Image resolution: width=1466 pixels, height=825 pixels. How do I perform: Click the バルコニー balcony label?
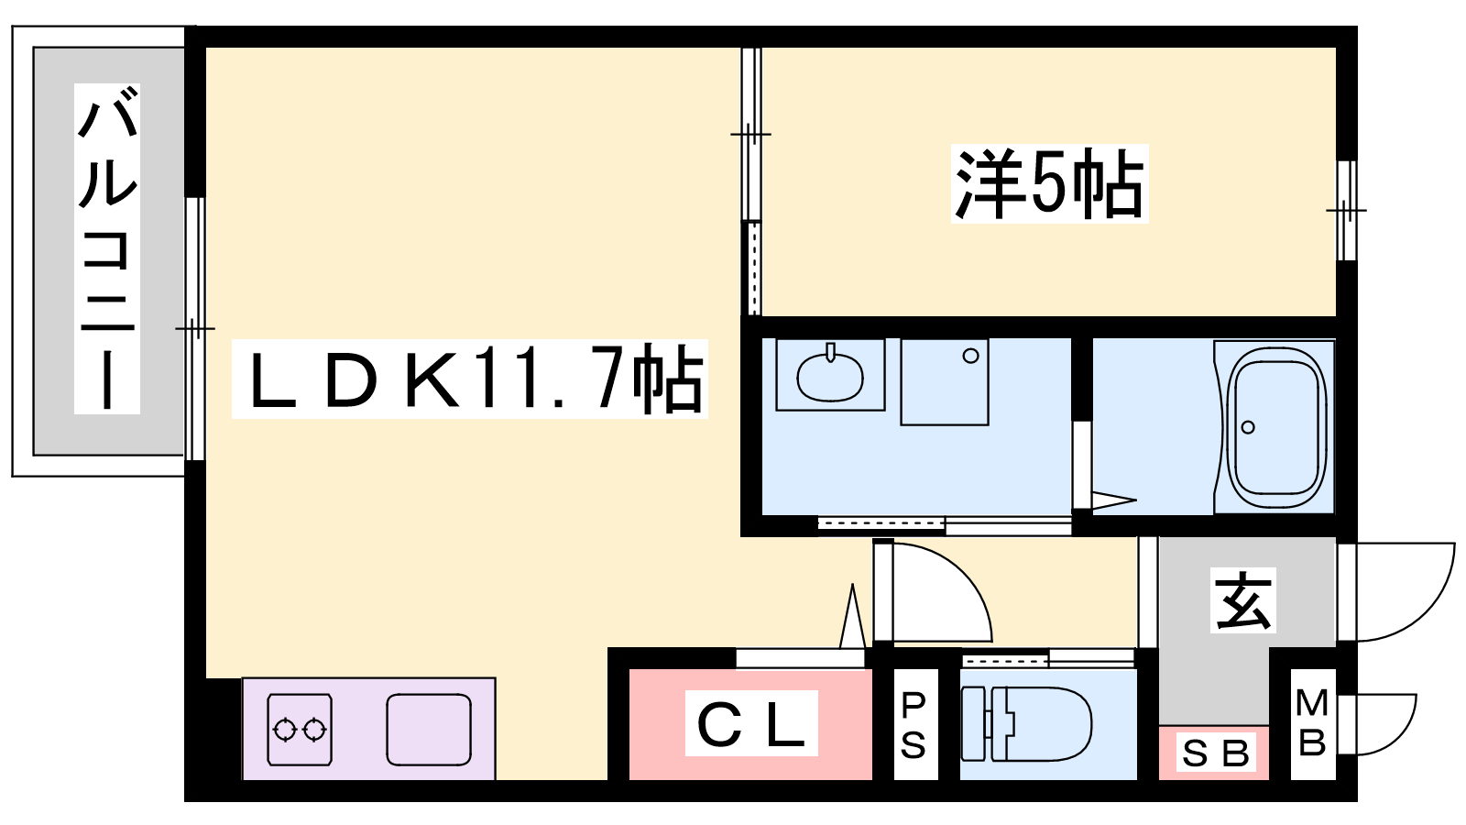[107, 247]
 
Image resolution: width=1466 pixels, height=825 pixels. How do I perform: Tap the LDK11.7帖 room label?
[469, 379]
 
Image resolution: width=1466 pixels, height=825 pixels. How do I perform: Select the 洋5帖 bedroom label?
[1049, 184]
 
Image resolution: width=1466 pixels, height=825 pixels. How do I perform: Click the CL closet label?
[751, 723]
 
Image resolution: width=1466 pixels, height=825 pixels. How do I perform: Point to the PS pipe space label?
[914, 725]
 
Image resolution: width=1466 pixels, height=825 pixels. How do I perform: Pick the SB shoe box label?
[1215, 753]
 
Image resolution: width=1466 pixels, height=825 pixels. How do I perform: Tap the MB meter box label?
[1312, 723]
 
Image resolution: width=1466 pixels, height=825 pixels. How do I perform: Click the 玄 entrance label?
[1243, 600]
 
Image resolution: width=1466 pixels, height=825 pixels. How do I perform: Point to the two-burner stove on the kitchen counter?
[300, 730]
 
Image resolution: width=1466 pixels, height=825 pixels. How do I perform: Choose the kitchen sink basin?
[429, 730]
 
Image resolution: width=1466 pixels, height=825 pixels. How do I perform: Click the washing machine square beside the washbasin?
[945, 381]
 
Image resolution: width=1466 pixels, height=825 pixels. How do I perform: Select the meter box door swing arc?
[1385, 724]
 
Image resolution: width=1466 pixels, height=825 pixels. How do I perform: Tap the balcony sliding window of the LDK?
[194, 328]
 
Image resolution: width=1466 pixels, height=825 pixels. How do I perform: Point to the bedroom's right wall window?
[1346, 211]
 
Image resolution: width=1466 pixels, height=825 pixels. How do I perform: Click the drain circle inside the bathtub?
[1248, 427]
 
